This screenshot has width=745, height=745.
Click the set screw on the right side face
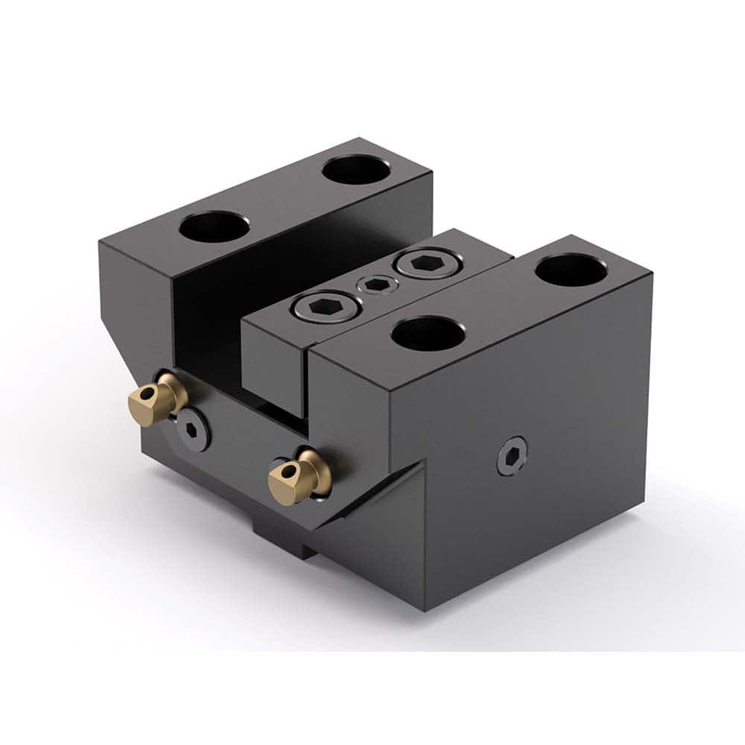(x=512, y=455)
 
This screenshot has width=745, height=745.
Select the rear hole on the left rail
(x=357, y=169)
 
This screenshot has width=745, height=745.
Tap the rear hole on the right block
(x=571, y=270)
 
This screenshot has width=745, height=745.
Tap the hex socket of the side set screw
(x=512, y=455)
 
